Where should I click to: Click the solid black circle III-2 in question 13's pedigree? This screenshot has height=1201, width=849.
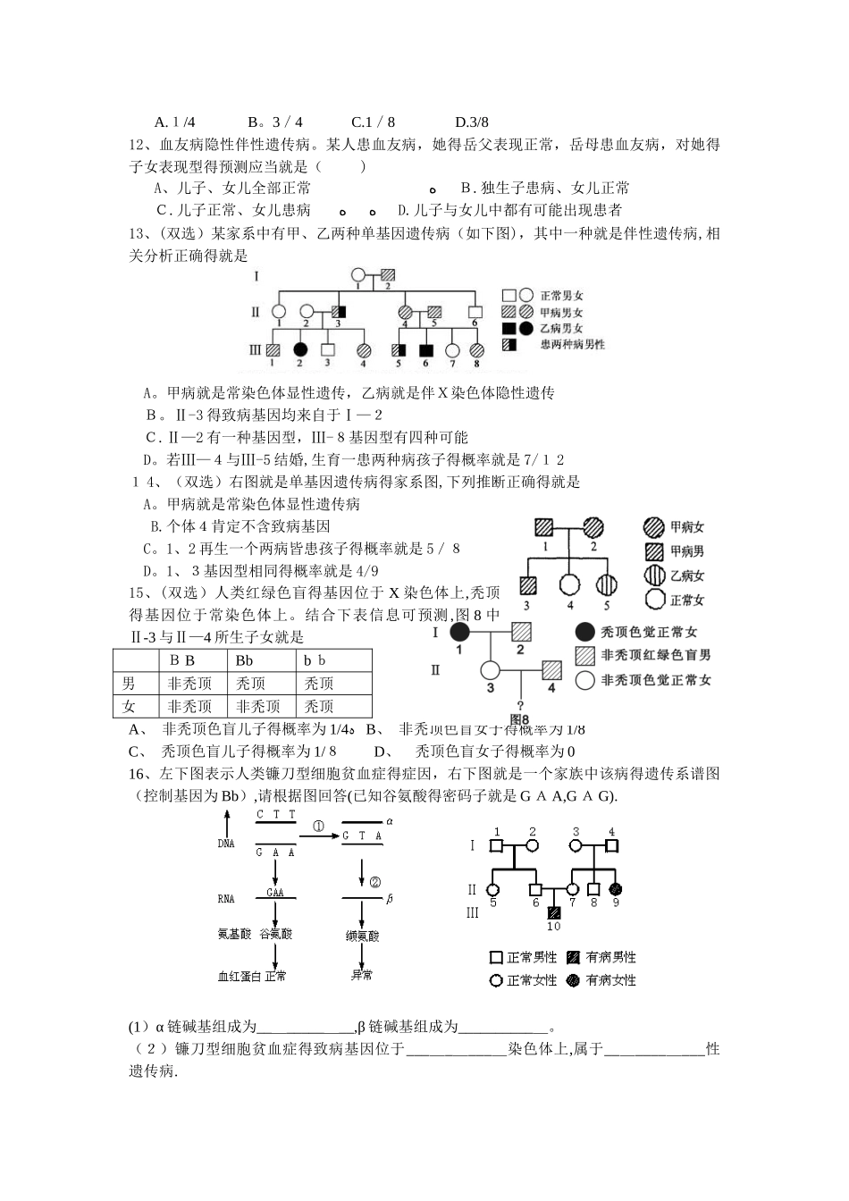[300, 349]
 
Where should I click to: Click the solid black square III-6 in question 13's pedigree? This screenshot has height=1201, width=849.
[425, 349]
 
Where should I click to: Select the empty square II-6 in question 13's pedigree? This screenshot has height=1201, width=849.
[475, 312]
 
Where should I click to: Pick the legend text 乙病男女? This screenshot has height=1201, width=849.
[562, 328]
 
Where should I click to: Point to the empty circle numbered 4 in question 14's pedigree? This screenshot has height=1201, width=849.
[567, 585]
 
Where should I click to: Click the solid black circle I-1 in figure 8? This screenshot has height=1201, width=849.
[459, 632]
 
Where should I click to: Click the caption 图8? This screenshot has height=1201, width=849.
[519, 718]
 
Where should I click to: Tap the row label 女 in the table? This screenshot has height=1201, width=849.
[130, 706]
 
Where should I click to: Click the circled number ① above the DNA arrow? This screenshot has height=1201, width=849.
[318, 827]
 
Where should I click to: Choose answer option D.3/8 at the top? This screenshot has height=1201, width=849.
[472, 122]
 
